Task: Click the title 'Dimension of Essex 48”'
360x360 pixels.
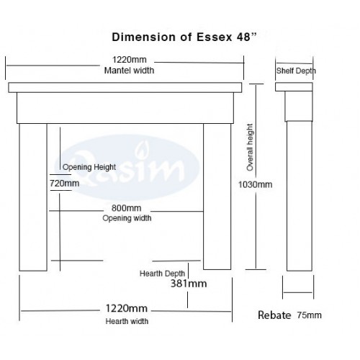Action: coord(184,37)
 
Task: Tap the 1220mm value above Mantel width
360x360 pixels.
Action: coord(130,60)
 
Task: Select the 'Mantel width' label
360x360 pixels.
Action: coord(129,71)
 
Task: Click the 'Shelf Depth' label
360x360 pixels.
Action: coord(296,71)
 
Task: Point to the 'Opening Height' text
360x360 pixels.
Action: coord(89,167)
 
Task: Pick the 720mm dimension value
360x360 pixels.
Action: coord(65,184)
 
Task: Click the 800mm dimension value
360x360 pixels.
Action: coord(126,208)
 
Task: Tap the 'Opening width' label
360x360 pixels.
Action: coord(127,218)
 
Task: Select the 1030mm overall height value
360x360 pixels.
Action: coord(255,184)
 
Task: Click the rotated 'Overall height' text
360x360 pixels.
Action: coord(250,148)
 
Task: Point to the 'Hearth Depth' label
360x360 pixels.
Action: coord(162,274)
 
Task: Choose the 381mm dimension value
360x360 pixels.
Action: coord(189,284)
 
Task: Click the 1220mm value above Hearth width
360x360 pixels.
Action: coord(127,308)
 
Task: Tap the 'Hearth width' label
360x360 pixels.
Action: coord(127,321)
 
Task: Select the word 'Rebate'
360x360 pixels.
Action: coord(274,315)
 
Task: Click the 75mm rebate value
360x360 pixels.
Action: coord(310,315)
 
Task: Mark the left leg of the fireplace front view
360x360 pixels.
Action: coord(33,197)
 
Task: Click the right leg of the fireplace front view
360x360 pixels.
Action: coord(217,197)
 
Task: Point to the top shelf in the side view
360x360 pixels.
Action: coord(294,87)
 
